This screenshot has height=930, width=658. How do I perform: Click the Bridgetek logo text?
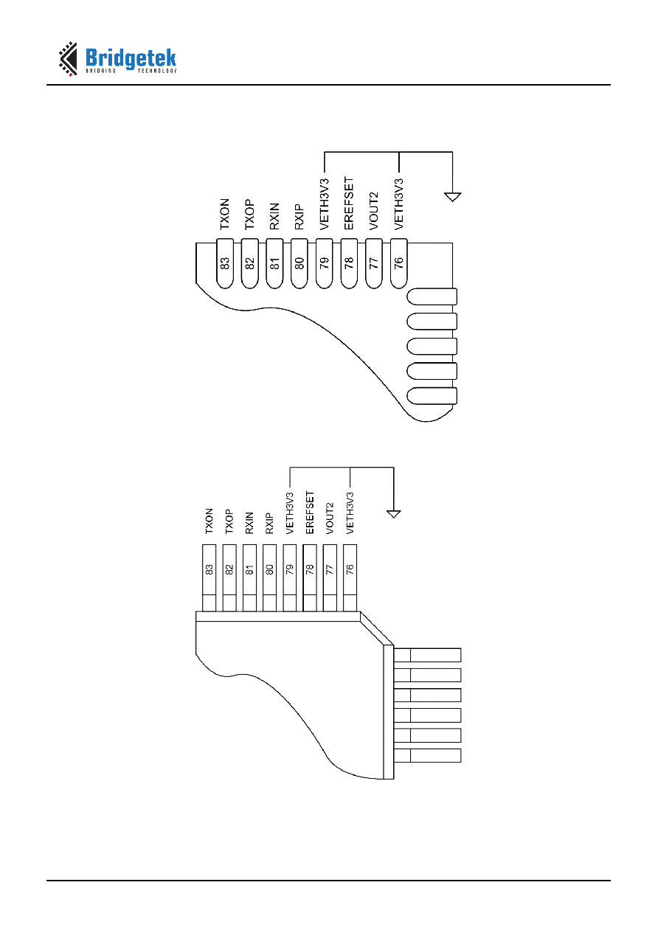[x=131, y=59]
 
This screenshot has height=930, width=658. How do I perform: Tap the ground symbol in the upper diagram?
[x=452, y=197]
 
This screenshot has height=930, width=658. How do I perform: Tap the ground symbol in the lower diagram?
[x=393, y=514]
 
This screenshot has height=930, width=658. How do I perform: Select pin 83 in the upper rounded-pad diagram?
[x=224, y=263]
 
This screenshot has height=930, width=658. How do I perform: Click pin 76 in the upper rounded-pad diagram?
[x=398, y=263]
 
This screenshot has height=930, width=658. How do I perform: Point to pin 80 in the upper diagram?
[x=299, y=263]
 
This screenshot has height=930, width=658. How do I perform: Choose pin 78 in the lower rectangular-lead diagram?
[x=310, y=577]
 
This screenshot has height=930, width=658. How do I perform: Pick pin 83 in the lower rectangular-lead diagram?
[x=209, y=577]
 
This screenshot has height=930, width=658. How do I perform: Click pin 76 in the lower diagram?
[x=350, y=577]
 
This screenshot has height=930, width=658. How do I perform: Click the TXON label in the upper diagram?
[x=224, y=214]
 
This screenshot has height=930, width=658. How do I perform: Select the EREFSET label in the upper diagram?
[x=349, y=204]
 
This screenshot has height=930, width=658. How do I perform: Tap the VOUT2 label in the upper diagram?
[x=373, y=211]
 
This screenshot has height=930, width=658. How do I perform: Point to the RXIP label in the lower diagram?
[x=269, y=523]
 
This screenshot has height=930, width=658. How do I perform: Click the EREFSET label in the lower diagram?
[x=310, y=513]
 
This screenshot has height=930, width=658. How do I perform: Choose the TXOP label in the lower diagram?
[x=229, y=521]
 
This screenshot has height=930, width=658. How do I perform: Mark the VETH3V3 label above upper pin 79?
[x=325, y=204]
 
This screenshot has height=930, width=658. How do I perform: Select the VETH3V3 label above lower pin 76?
[x=350, y=513]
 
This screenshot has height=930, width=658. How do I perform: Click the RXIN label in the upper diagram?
[x=274, y=216]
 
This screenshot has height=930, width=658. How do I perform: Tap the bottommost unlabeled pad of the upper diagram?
[x=432, y=396]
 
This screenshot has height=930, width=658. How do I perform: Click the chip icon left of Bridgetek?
[x=68, y=58]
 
